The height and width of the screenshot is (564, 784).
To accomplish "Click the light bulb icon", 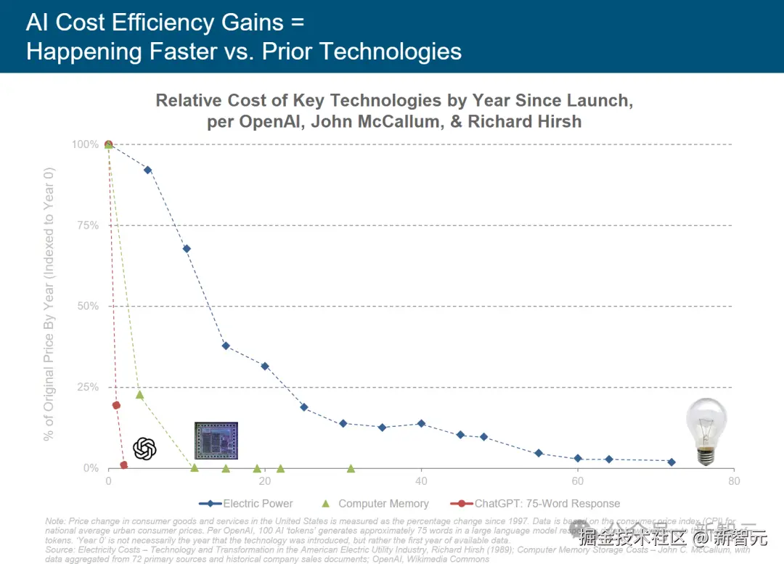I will [x=706, y=431].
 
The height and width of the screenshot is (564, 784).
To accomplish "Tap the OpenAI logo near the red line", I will [x=144, y=449].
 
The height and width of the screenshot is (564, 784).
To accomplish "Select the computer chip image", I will [x=216, y=441].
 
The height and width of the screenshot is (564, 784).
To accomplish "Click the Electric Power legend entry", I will [x=258, y=503].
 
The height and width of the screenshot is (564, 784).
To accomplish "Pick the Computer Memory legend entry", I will [x=383, y=503].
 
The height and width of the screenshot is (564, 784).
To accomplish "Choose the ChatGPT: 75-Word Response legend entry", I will [x=547, y=503].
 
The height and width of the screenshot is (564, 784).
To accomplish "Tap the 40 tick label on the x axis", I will [x=421, y=481].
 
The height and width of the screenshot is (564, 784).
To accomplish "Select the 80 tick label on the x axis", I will [x=734, y=481].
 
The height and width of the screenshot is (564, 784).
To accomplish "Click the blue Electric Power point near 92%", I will [x=148, y=170].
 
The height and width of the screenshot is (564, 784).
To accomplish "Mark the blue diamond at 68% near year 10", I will [x=187, y=248].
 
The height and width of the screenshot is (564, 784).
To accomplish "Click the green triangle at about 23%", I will [x=139, y=395].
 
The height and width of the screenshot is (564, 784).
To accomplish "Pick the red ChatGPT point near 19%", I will [x=116, y=405].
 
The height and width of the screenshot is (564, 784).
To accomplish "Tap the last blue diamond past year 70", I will [x=671, y=462].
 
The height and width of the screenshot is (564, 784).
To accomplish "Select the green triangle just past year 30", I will [x=351, y=469].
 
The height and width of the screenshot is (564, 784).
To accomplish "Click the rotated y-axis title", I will [x=49, y=305].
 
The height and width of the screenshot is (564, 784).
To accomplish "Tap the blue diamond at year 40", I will [x=421, y=423].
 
